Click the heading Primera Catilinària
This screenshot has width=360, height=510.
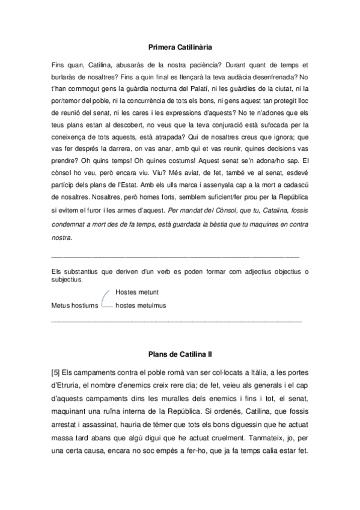(180, 46)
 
